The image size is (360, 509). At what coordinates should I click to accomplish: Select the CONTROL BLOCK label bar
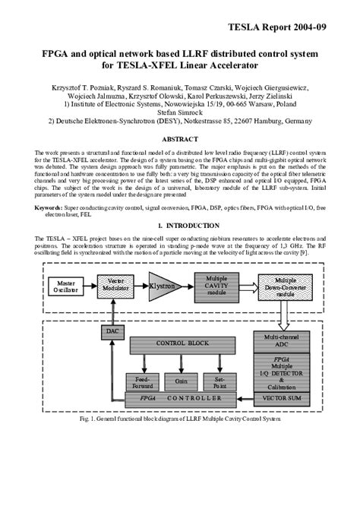pos(182,343)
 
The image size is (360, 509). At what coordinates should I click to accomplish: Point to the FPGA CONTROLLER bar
pos(182,398)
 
